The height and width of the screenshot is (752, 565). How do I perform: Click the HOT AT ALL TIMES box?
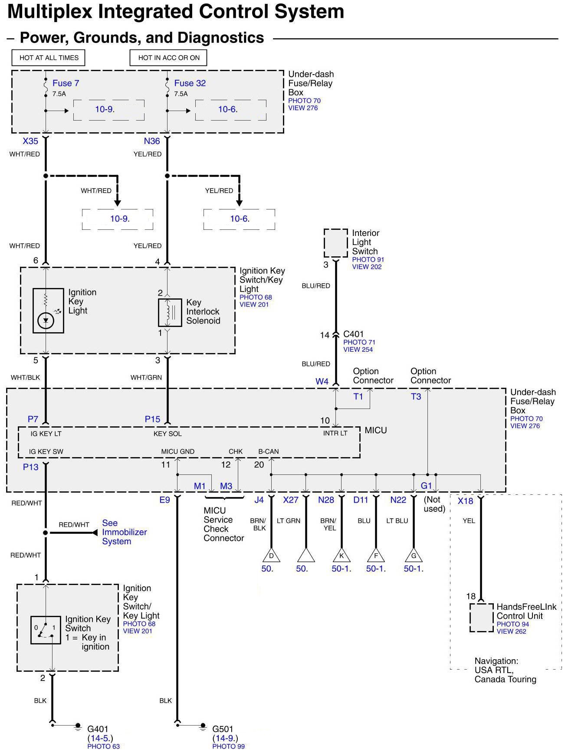click(x=49, y=58)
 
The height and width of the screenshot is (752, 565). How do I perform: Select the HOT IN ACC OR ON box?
click(x=168, y=58)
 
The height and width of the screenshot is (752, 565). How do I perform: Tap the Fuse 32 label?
click(x=190, y=83)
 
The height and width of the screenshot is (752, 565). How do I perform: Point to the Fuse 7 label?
click(x=66, y=83)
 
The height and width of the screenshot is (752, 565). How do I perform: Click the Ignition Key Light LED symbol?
click(x=46, y=321)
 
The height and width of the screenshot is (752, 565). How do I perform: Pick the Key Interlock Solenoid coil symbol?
click(x=170, y=312)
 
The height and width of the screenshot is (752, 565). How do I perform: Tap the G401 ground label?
click(x=98, y=729)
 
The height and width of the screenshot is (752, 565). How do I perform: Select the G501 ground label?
click(x=223, y=729)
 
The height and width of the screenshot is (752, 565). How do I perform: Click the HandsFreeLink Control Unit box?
click(x=482, y=618)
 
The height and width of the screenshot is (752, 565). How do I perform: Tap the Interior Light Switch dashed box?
click(x=335, y=243)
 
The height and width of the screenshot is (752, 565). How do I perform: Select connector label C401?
click(x=353, y=334)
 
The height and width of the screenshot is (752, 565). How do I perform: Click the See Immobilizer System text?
click(x=124, y=532)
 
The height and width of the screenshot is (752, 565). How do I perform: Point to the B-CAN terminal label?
click(x=269, y=451)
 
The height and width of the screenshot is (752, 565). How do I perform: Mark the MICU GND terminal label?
click(x=177, y=451)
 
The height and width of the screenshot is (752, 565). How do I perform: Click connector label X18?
click(x=466, y=501)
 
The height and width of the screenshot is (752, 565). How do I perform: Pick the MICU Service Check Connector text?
click(x=223, y=524)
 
